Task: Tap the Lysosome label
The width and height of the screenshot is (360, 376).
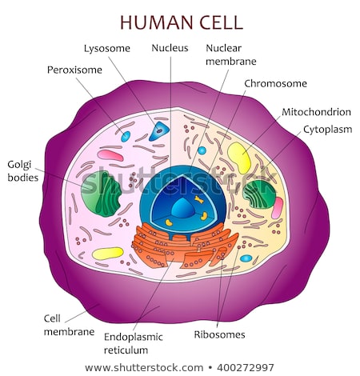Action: pyautogui.click(x=106, y=49)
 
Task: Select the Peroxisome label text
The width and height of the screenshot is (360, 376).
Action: pyautogui.click(x=74, y=70)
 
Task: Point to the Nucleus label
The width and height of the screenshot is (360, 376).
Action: pyautogui.click(x=170, y=48)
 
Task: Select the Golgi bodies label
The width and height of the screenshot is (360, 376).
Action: pyautogui.click(x=22, y=170)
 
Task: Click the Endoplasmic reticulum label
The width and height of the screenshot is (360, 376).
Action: pyautogui.click(x=133, y=343)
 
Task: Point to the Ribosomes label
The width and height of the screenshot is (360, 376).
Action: pyautogui.click(x=219, y=334)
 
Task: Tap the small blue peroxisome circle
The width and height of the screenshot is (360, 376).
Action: pyautogui.click(x=126, y=137)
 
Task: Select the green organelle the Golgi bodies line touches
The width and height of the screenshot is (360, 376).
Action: pyautogui.click(x=99, y=193)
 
